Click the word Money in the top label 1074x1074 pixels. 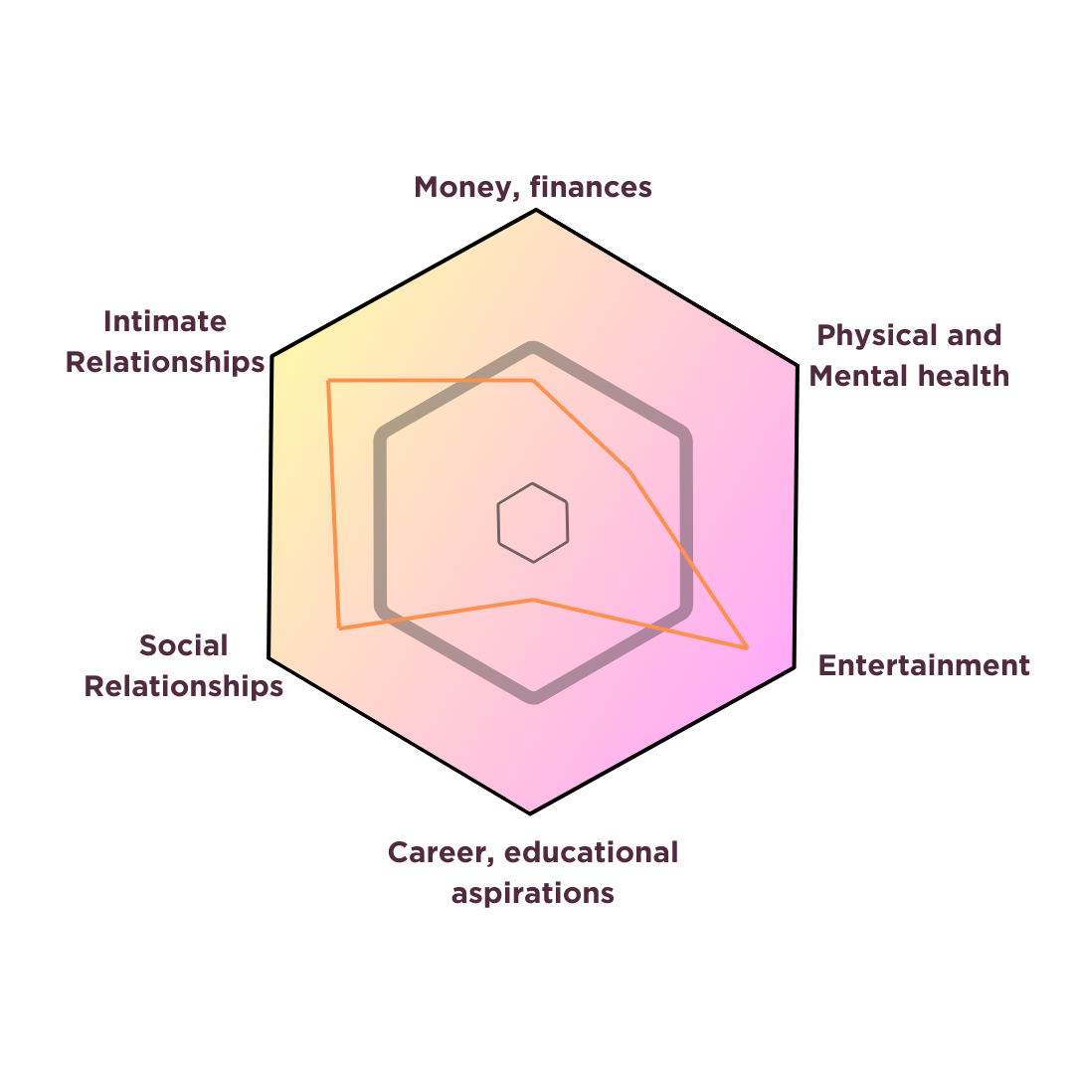pyautogui.click(x=458, y=187)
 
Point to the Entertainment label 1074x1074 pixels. pyautogui.click(x=923, y=665)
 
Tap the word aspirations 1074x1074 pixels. pyautogui.click(x=532, y=893)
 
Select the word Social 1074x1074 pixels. pyautogui.click(x=183, y=645)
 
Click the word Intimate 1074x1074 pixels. pyautogui.click(x=165, y=321)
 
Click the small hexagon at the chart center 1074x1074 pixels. pyautogui.click(x=533, y=522)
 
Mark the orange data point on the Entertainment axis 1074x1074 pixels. pyautogui.click(x=747, y=647)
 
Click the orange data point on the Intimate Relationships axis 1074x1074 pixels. pyautogui.click(x=329, y=381)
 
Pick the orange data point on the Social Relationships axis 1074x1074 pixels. pyautogui.click(x=340, y=627)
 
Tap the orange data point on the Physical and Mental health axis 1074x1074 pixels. pyautogui.click(x=628, y=470)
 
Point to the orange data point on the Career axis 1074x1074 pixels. pyautogui.click(x=534, y=600)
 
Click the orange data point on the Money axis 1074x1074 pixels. pyautogui.click(x=534, y=380)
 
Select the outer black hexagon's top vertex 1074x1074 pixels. pyautogui.click(x=535, y=211)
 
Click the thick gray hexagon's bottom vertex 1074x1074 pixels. pyautogui.click(x=534, y=697)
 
